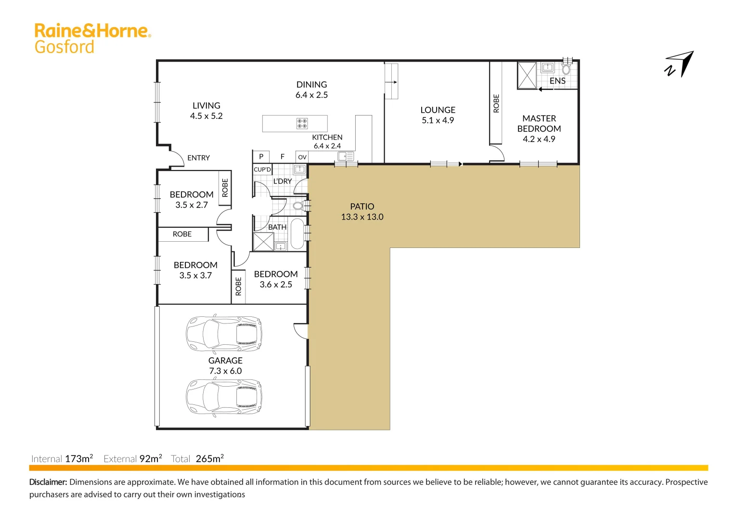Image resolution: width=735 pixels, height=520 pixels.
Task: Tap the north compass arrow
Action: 680,64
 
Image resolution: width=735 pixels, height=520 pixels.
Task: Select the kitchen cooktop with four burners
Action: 302,123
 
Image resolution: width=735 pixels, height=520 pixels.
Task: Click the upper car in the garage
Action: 224,333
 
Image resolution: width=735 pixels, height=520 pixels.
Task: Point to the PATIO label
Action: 362,207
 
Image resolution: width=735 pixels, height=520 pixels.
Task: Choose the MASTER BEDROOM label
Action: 539,123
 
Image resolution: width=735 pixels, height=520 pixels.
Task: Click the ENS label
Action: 557,81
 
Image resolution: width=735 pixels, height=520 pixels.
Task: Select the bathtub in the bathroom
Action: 297,234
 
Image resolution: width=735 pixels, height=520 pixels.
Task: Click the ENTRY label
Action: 198,158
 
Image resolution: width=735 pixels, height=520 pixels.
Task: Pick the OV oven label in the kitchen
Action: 302,157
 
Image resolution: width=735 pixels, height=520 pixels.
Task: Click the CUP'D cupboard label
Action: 262,169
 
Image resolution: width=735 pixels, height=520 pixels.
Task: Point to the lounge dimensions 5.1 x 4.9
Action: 438,120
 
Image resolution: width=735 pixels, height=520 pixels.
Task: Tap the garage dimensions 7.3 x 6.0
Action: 225,371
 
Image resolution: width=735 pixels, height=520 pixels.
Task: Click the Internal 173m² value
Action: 79,458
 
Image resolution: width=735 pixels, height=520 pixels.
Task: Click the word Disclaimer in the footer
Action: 48,482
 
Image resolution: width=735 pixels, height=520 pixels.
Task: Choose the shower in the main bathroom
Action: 263,242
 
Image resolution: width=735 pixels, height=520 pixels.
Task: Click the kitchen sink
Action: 346,156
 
